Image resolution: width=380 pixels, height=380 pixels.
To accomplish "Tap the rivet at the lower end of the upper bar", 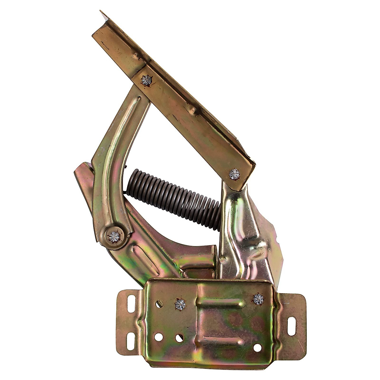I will click(x=235, y=174).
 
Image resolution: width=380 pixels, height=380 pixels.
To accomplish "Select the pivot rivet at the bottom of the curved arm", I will click(x=114, y=235).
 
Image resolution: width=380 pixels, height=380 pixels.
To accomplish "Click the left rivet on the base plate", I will click(x=180, y=305).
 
